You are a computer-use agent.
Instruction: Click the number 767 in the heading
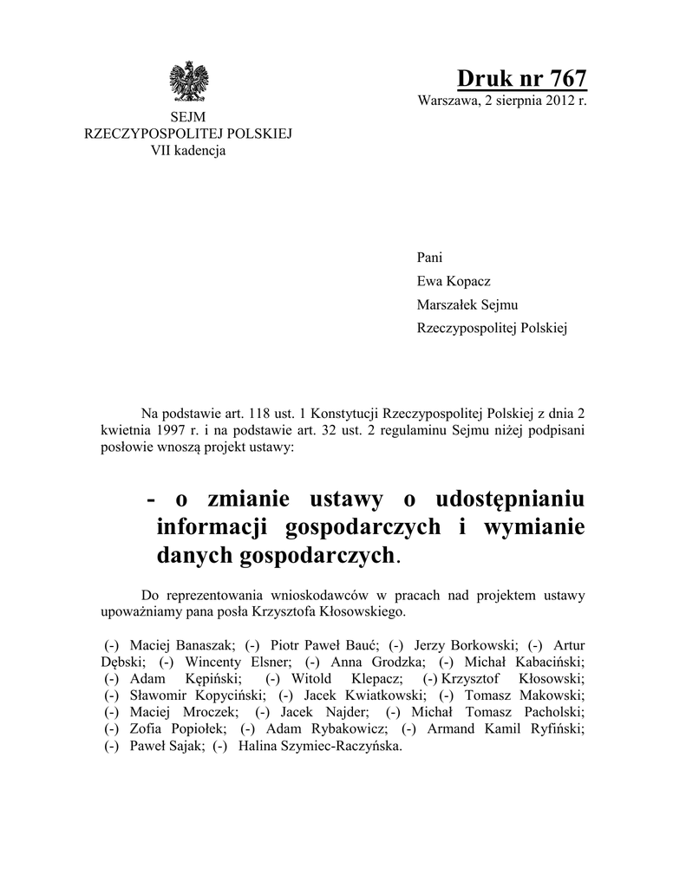pyautogui.click(x=562, y=77)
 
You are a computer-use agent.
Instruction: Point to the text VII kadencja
pyautogui.click(x=188, y=150)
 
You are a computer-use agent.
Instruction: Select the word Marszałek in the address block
pyautogui.click(x=448, y=305)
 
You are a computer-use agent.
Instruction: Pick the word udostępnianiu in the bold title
pyautogui.click(x=513, y=500)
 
